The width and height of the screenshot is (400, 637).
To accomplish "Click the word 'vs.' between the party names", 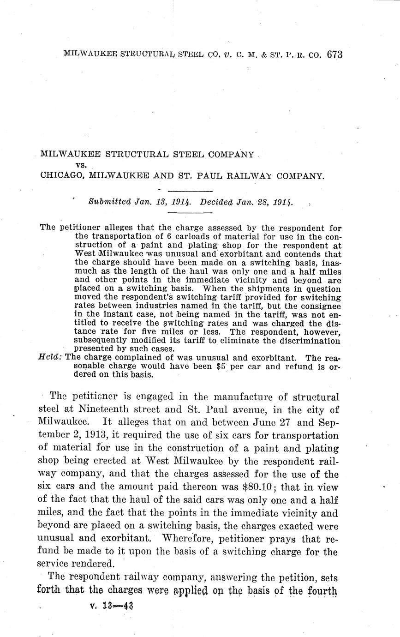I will coord(81,165).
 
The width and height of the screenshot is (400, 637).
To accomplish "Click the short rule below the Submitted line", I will coord(190,213).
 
